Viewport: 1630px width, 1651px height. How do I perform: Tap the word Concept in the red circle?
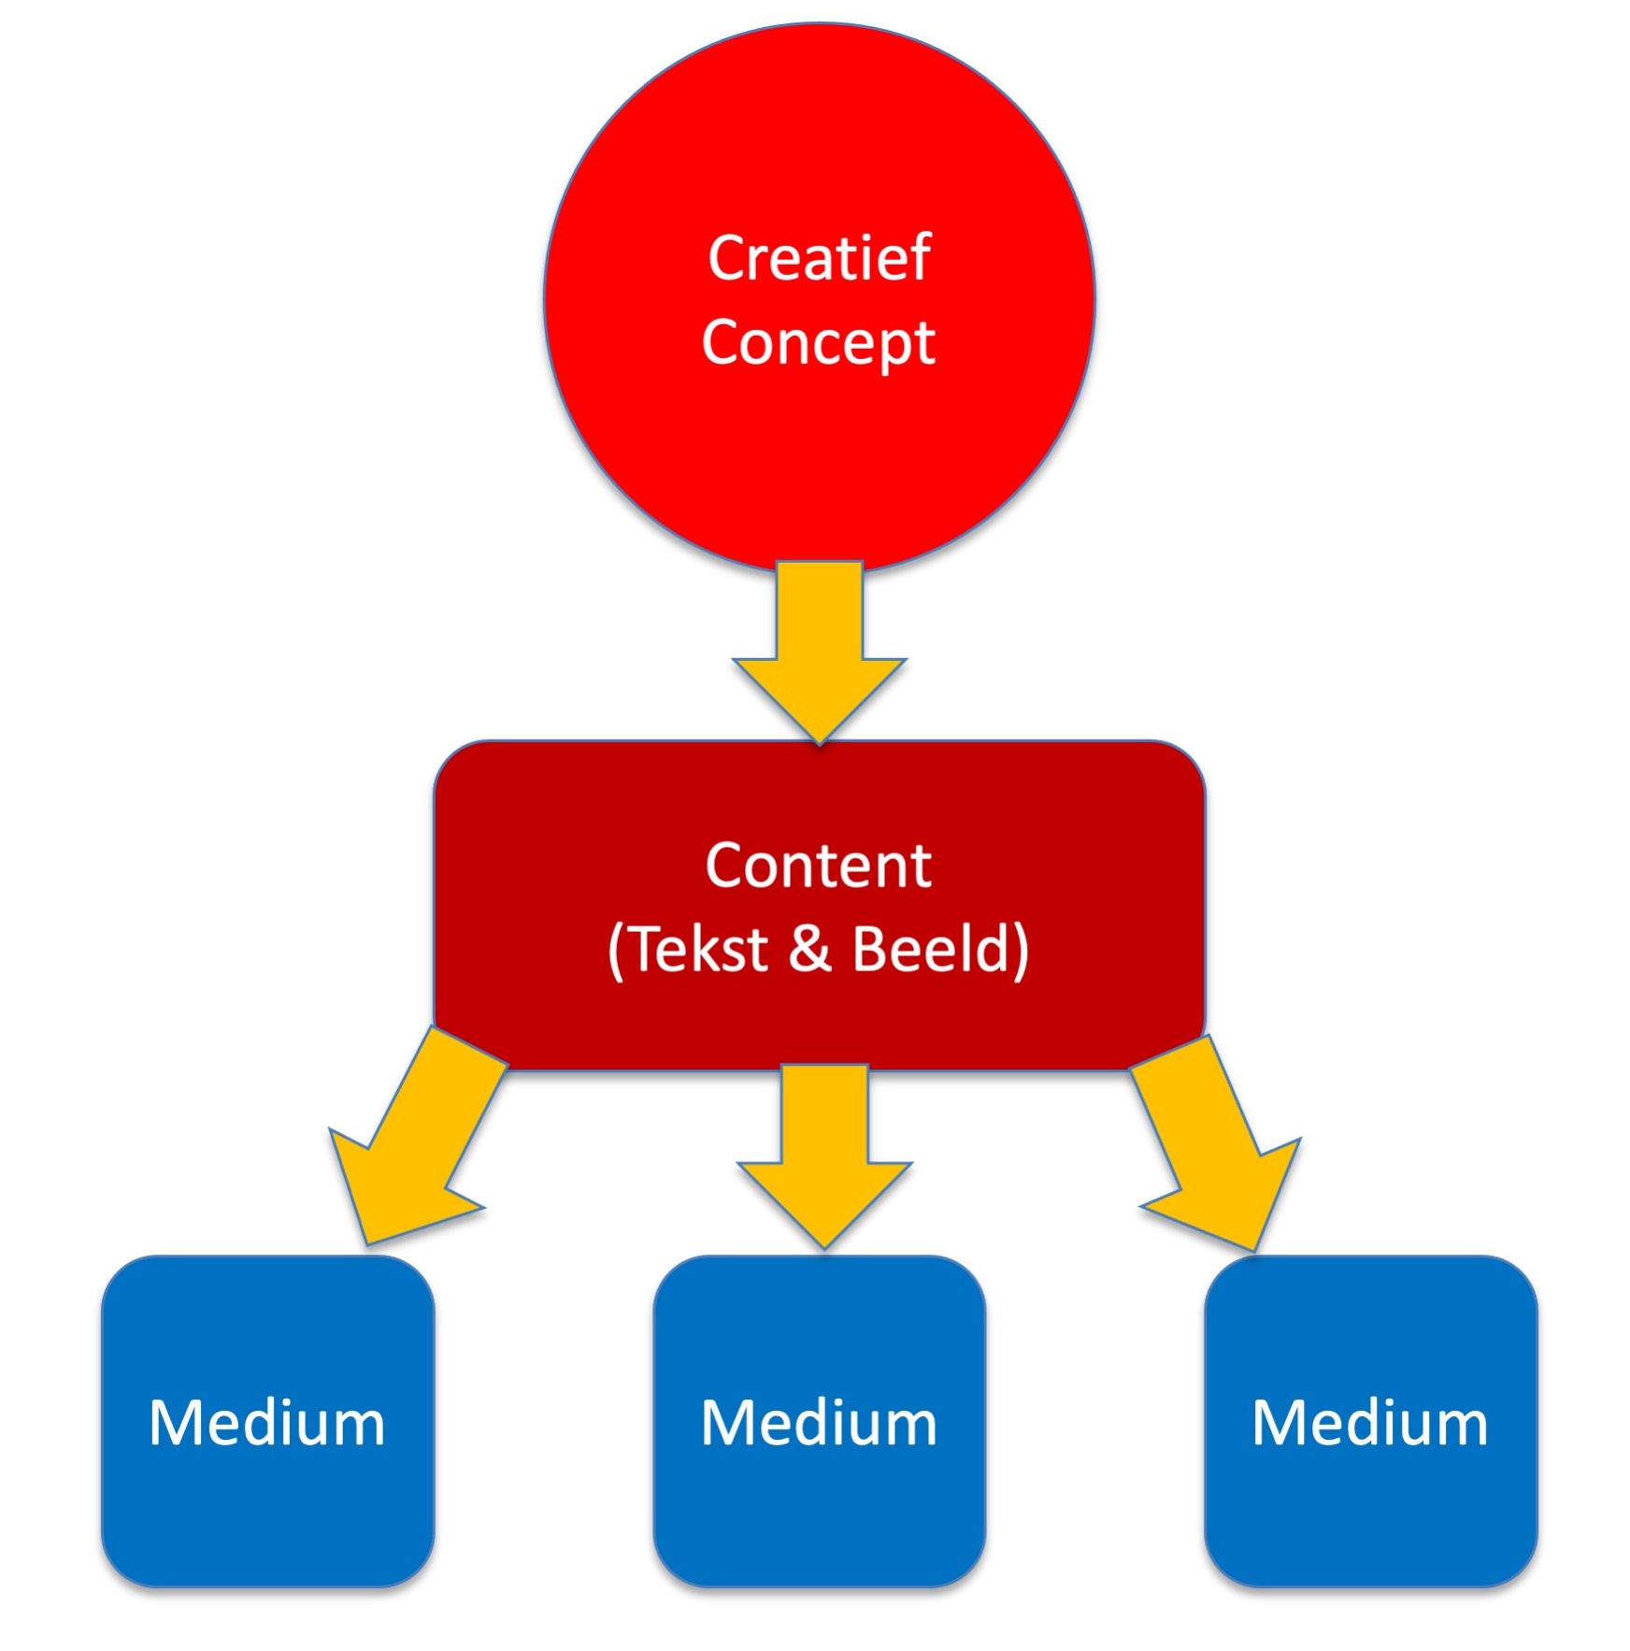[819, 343]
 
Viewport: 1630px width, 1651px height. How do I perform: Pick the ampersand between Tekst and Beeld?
[809, 949]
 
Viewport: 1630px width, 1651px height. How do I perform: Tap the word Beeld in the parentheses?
[930, 949]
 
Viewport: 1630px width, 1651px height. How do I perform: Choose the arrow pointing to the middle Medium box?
[824, 1159]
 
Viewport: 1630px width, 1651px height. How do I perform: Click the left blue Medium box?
[268, 1515]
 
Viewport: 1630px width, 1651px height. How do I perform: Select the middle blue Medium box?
[820, 1515]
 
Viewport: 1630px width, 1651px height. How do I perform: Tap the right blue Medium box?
[1370, 1515]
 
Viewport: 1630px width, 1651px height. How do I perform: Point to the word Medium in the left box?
[267, 1424]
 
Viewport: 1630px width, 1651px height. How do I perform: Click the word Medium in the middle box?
[819, 1424]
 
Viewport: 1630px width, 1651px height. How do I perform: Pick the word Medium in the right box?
[1369, 1424]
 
